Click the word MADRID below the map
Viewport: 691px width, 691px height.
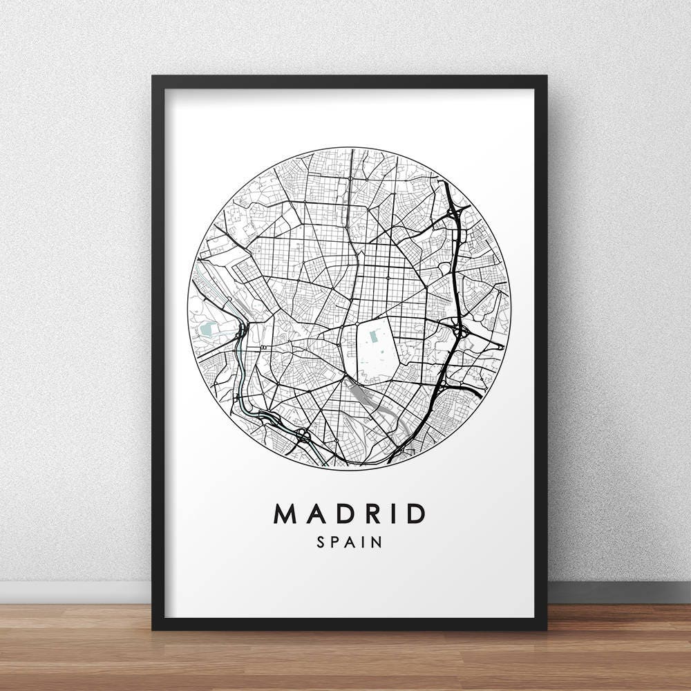[x=350, y=513]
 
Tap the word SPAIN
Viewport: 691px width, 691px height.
[x=350, y=542]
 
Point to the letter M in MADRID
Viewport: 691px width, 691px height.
[x=286, y=513]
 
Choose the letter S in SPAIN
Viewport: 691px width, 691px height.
[x=321, y=542]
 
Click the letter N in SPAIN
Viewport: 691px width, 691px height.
[x=377, y=542]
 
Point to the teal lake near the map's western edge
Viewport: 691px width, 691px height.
[x=208, y=332]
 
